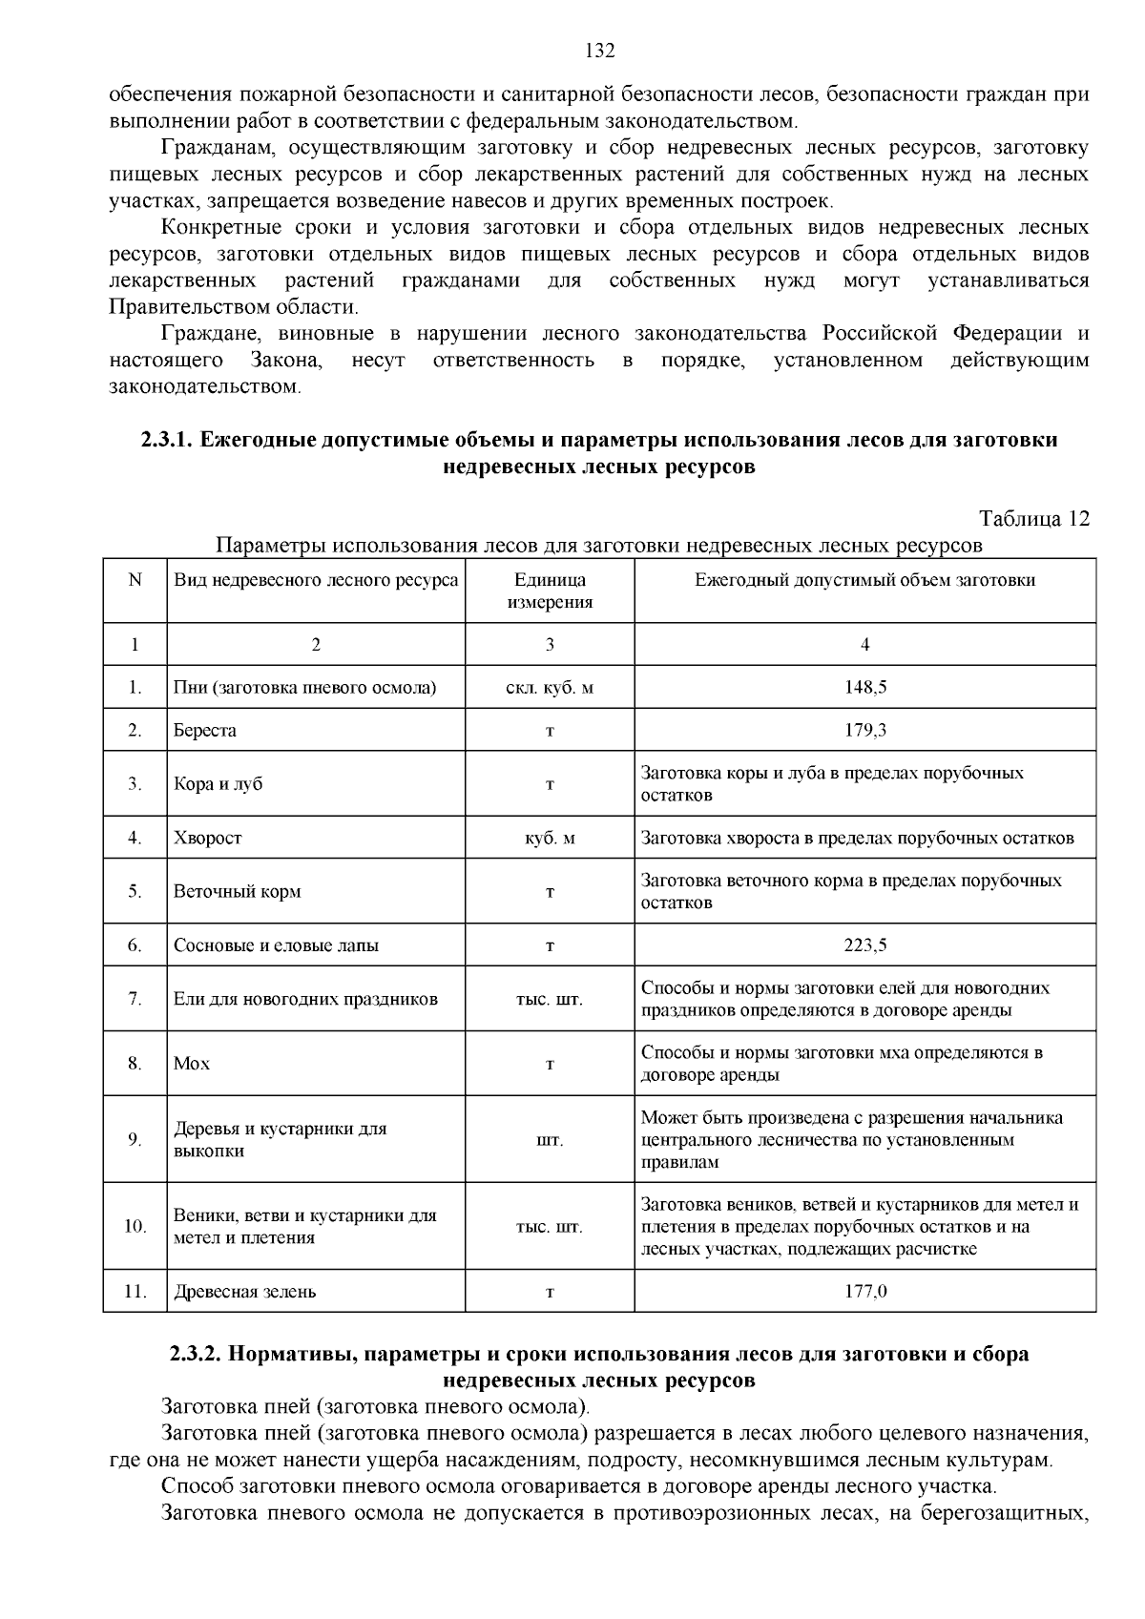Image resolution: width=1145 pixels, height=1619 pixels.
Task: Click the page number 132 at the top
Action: click(x=599, y=52)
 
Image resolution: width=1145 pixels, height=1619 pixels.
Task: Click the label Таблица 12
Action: click(x=1034, y=519)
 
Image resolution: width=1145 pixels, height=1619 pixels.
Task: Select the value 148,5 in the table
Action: click(x=865, y=687)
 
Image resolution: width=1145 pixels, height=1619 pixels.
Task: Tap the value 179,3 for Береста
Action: click(x=865, y=731)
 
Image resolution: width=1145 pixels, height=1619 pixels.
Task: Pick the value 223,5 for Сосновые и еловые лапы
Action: click(x=865, y=945)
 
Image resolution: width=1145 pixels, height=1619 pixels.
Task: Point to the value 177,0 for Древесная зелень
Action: click(x=865, y=1292)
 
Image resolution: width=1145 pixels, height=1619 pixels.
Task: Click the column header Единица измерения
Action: click(x=550, y=591)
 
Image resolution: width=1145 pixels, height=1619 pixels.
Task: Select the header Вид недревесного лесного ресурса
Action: click(x=316, y=580)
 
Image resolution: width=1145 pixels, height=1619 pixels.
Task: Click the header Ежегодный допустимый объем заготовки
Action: click(x=865, y=580)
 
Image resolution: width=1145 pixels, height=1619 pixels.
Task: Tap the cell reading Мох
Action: click(x=192, y=1064)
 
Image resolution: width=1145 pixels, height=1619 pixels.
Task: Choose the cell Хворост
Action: click(x=208, y=839)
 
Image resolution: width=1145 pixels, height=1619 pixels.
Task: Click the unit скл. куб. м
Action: click(x=550, y=687)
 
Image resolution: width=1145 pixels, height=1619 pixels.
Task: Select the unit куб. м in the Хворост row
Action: click(x=550, y=839)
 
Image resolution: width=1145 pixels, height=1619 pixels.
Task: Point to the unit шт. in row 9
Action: click(x=550, y=1140)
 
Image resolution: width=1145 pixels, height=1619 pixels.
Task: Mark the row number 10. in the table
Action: click(x=135, y=1227)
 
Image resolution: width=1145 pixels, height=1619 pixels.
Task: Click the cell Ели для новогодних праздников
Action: click(x=305, y=1000)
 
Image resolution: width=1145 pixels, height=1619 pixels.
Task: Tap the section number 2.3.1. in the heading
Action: click(x=168, y=441)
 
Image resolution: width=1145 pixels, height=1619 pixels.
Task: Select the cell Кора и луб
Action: click(x=218, y=784)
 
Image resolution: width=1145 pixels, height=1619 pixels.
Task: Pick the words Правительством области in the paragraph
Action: click(x=233, y=307)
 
